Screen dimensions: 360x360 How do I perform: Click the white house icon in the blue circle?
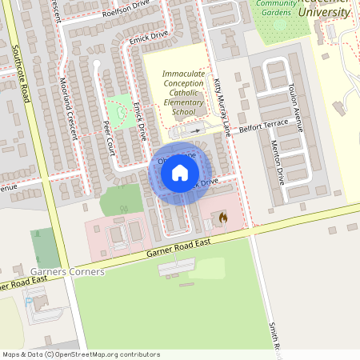click(x=180, y=173)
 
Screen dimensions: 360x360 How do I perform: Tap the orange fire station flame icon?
click(x=222, y=217)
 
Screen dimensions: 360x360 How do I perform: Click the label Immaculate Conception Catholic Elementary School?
click(x=183, y=93)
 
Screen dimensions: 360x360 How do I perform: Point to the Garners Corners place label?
click(x=68, y=272)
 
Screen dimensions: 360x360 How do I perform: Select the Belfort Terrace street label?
click(x=265, y=127)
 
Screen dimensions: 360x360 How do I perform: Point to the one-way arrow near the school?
click(x=197, y=130)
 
